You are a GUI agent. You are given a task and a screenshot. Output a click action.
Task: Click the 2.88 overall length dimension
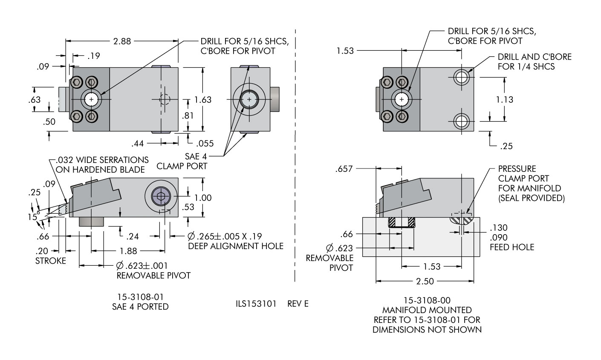122,41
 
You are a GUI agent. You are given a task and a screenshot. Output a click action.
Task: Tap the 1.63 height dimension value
203,99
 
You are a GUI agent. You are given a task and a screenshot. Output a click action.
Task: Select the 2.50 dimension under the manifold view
425,282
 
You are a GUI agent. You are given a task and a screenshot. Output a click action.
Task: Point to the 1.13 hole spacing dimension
505,99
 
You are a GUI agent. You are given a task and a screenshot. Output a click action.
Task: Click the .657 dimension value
344,169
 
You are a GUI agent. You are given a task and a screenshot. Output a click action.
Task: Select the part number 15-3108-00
427,300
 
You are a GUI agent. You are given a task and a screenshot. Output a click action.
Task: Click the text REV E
297,304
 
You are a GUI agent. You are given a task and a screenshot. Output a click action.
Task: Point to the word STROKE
51,261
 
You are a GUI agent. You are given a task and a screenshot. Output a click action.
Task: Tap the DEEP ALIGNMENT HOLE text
235,246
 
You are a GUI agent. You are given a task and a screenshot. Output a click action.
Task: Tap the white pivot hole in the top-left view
91,99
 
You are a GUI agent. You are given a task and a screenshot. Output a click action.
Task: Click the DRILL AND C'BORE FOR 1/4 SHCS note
534,61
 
